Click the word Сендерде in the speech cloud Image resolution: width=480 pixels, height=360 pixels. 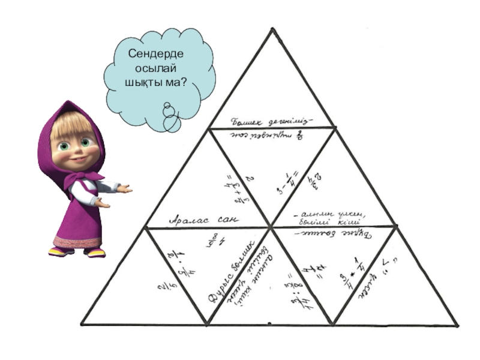pyautogui.click(x=155, y=55)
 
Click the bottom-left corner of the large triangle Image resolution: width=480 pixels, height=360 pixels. pyautogui.click(x=81, y=326)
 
